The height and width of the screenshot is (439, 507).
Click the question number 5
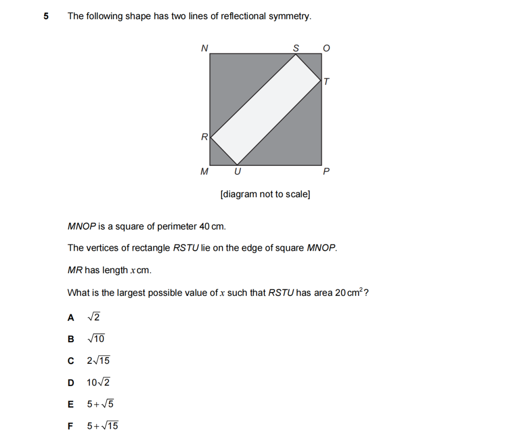coord(46,16)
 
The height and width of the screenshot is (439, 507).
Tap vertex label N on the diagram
coord(204,47)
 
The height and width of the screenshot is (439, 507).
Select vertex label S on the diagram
coord(296,47)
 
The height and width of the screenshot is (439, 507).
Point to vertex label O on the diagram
coord(327,48)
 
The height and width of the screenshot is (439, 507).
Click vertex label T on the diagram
coord(327,82)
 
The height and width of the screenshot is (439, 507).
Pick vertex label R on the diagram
coord(204,137)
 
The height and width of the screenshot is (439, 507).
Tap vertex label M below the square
coord(204,172)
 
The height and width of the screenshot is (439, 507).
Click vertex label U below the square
coord(238,172)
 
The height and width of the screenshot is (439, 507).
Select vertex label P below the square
coord(327,172)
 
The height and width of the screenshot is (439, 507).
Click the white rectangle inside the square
coord(266,109)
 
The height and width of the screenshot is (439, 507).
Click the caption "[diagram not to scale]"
coord(265,194)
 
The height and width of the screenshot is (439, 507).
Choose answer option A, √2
coord(93,317)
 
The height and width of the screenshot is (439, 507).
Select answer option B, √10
coord(96,339)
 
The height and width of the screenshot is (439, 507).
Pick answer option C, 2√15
coord(98,361)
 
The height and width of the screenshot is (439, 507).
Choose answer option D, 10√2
coord(98,382)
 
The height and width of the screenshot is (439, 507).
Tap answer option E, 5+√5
coord(100,404)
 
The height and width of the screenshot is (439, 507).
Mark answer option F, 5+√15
coord(102,426)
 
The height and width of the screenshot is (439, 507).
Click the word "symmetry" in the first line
coord(293,16)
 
